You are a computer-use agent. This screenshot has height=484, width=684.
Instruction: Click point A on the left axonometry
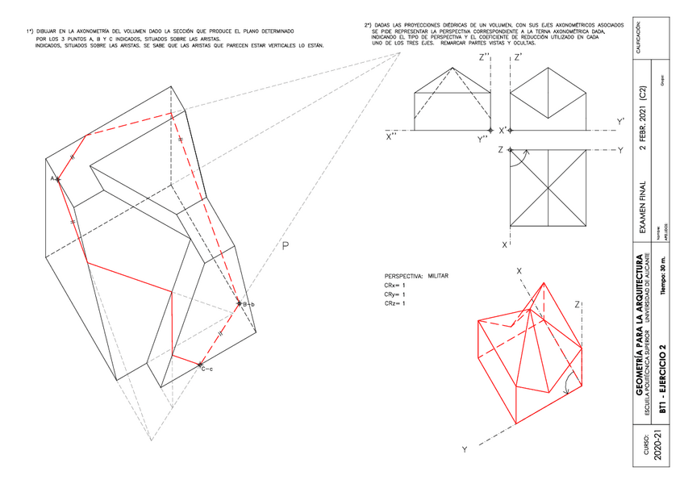pos(57,178)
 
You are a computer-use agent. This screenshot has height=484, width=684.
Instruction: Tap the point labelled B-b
pos(239,303)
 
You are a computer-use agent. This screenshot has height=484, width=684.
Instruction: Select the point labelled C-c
pos(200,366)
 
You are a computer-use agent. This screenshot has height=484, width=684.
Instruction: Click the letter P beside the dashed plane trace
pos(286,247)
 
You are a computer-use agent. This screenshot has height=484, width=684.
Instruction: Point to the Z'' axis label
pos(486,58)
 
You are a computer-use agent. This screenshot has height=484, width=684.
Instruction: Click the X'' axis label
pos(394,136)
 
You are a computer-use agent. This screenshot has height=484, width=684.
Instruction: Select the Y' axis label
pos(620,122)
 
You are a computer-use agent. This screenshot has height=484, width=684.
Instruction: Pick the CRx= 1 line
pos(395,286)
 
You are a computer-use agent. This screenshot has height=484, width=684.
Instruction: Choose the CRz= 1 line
pos(395,303)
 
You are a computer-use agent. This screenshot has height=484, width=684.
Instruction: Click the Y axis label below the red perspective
pos(464,449)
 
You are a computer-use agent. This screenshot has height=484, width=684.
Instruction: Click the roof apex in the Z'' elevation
pos(452,65)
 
